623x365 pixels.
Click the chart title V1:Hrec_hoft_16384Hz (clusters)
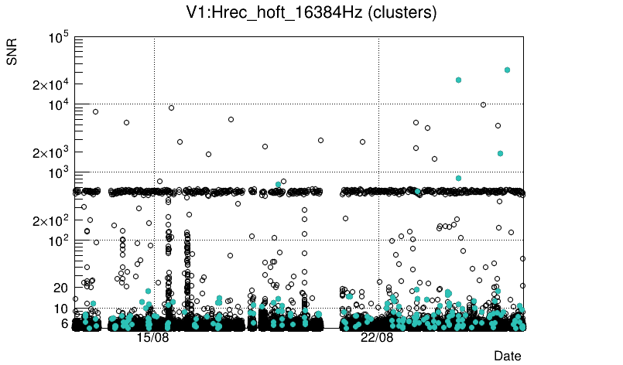pos(312,13)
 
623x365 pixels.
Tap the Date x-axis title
pos(508,355)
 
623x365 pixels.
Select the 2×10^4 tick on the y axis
pos(52,84)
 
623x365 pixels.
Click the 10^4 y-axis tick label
pos(58,104)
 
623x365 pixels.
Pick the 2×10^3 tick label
pos(52,152)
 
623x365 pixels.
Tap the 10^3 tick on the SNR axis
pos(58,172)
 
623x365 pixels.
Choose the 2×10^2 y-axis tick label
pos(52,220)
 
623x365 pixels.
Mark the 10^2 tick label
pos(58,240)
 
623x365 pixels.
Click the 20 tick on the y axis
pos(61,288)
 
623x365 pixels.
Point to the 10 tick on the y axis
pos(61,309)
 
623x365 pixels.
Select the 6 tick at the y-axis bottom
pos(64,323)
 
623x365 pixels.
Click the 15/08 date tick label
pos(152,338)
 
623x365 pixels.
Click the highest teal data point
pos(507,70)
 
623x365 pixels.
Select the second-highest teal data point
pos(459,80)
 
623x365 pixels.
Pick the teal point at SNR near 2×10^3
pos(500,153)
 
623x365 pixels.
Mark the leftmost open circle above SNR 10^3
pos(95,111)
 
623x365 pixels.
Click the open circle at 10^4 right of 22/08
pos(484,104)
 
